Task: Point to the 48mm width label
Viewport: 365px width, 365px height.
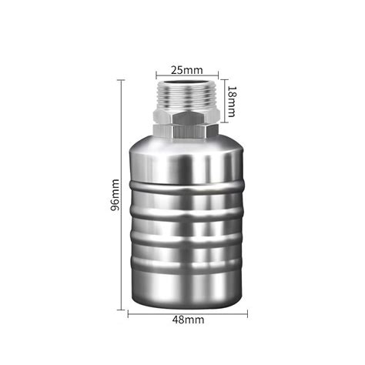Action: click(187, 320)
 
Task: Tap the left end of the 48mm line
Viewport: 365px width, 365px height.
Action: click(128, 313)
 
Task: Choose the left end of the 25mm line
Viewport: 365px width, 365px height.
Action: click(156, 75)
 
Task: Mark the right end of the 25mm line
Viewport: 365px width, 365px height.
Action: click(216, 75)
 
